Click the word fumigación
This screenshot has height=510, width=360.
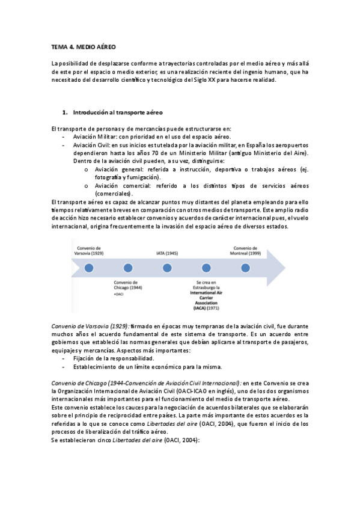pyautogui.click(x=143, y=178)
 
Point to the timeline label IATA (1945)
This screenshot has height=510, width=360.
pyautogui.click(x=166, y=253)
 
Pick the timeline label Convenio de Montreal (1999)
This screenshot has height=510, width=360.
pyautogui.click(x=244, y=250)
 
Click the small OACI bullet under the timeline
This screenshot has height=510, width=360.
pyautogui.click(x=118, y=295)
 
